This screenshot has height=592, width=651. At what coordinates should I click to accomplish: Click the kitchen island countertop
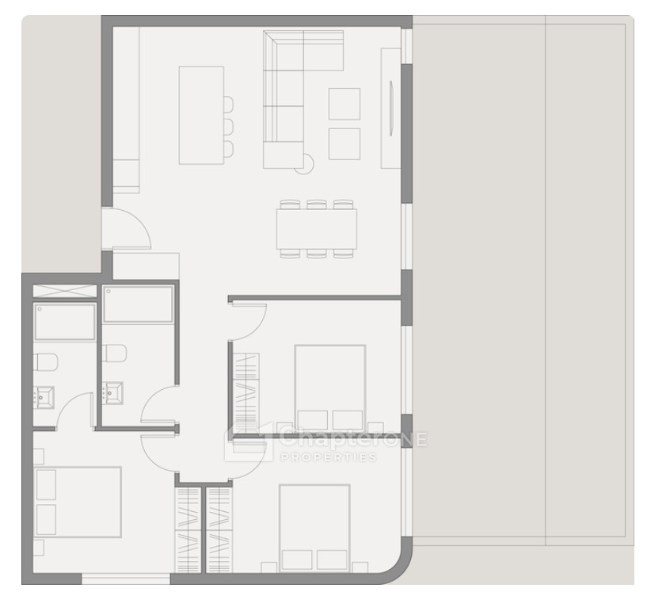201,115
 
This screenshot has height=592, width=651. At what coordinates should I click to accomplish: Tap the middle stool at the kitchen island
228,126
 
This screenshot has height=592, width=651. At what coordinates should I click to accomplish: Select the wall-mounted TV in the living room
390,108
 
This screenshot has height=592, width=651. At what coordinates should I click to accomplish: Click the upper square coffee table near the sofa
345,104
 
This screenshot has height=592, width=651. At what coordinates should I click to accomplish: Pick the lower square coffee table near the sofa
345,143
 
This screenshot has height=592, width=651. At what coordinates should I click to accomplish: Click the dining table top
316,228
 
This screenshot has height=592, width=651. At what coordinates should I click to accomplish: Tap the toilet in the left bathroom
45,361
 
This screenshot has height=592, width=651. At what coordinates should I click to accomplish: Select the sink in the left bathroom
44,396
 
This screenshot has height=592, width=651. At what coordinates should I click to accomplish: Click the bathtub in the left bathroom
65,322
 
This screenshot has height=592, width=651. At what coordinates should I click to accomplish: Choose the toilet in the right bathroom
114,353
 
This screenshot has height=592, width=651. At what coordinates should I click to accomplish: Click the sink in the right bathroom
112,393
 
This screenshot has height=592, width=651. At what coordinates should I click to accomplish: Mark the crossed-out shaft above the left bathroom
64,291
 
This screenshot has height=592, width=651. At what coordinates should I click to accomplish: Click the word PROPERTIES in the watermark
329,457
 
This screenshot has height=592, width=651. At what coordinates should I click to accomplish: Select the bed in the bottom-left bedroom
78,502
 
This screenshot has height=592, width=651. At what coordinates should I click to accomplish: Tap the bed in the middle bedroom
330,388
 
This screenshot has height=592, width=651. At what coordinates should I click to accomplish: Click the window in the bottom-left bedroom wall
126,579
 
